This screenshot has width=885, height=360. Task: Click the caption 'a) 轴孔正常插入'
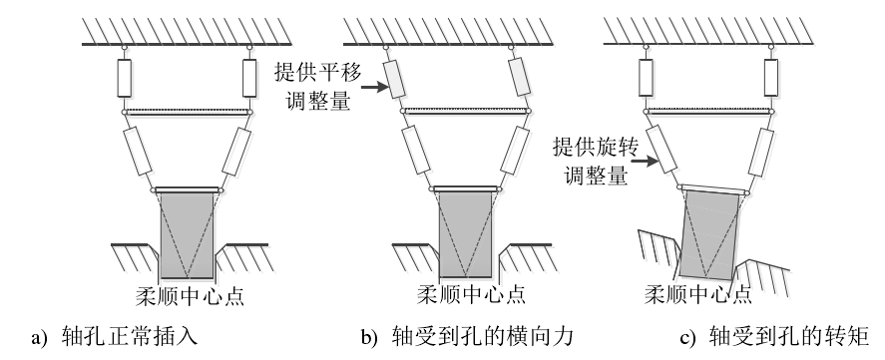(x=115, y=337)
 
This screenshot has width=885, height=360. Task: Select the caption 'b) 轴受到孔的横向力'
(x=467, y=337)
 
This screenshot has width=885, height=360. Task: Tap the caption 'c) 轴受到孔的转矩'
(x=774, y=337)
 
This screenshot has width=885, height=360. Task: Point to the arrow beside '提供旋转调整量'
(x=644, y=161)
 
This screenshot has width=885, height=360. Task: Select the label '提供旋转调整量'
(x=596, y=161)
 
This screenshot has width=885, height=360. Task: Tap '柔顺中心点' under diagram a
(x=190, y=296)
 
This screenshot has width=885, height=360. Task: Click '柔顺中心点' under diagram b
(x=471, y=295)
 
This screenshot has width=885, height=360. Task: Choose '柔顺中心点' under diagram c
(x=698, y=294)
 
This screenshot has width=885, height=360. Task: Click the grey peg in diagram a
(x=187, y=235)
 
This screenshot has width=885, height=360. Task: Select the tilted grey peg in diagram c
(x=709, y=236)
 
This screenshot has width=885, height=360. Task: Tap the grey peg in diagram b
(x=466, y=234)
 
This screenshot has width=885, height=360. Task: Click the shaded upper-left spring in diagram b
(x=394, y=78)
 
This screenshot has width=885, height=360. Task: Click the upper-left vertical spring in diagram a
(x=124, y=78)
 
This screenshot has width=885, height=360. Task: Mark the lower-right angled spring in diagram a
(x=236, y=152)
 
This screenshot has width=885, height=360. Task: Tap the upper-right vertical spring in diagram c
(x=770, y=78)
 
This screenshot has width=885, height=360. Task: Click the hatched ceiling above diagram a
(x=187, y=31)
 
